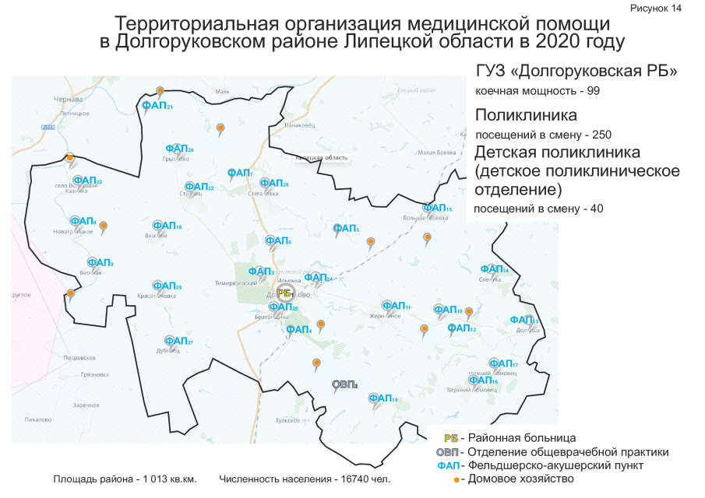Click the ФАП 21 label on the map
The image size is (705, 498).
coord(157,106)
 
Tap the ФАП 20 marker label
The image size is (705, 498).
coord(179,149)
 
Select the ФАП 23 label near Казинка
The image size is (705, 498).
coord(87,181)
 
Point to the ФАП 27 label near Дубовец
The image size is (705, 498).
coord(178,341)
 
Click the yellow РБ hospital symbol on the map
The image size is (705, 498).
coord(284,293)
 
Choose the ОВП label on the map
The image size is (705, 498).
coord(344,384)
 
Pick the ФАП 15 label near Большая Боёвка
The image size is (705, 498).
coord(436,208)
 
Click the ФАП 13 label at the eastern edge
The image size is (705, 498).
coord(523,320)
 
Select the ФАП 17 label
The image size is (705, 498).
coord(503,363)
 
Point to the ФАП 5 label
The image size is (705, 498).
coord(346,228)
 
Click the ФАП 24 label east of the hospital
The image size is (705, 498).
coord(318,277)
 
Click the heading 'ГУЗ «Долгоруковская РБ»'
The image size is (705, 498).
coord(576,72)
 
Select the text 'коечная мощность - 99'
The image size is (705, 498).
coord(538,92)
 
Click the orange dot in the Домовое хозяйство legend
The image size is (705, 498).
coord(457,479)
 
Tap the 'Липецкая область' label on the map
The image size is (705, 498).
coord(321,158)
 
